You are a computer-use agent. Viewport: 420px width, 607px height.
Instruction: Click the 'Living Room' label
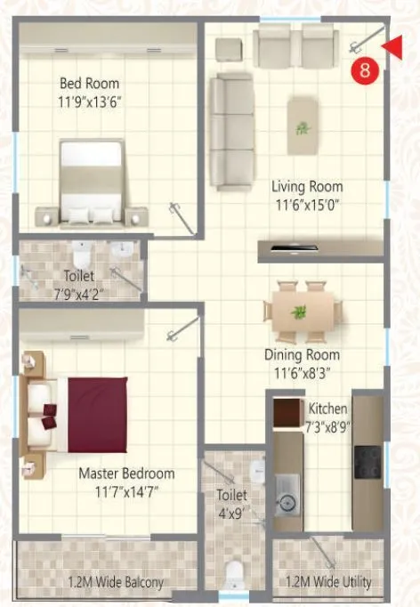click(x=307, y=187)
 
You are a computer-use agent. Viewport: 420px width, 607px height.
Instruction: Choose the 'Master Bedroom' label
click(x=126, y=473)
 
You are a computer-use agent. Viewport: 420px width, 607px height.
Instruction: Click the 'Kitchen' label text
click(x=327, y=409)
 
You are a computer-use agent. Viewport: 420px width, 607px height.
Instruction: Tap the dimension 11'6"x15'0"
click(x=307, y=204)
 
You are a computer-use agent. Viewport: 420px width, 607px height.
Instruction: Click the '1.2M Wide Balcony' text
click(x=116, y=583)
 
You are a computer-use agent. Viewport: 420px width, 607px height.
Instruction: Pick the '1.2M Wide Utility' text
click(x=328, y=583)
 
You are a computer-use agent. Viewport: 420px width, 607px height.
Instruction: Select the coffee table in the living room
click(x=304, y=125)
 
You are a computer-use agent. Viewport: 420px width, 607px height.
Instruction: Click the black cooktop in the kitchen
click(x=367, y=460)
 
